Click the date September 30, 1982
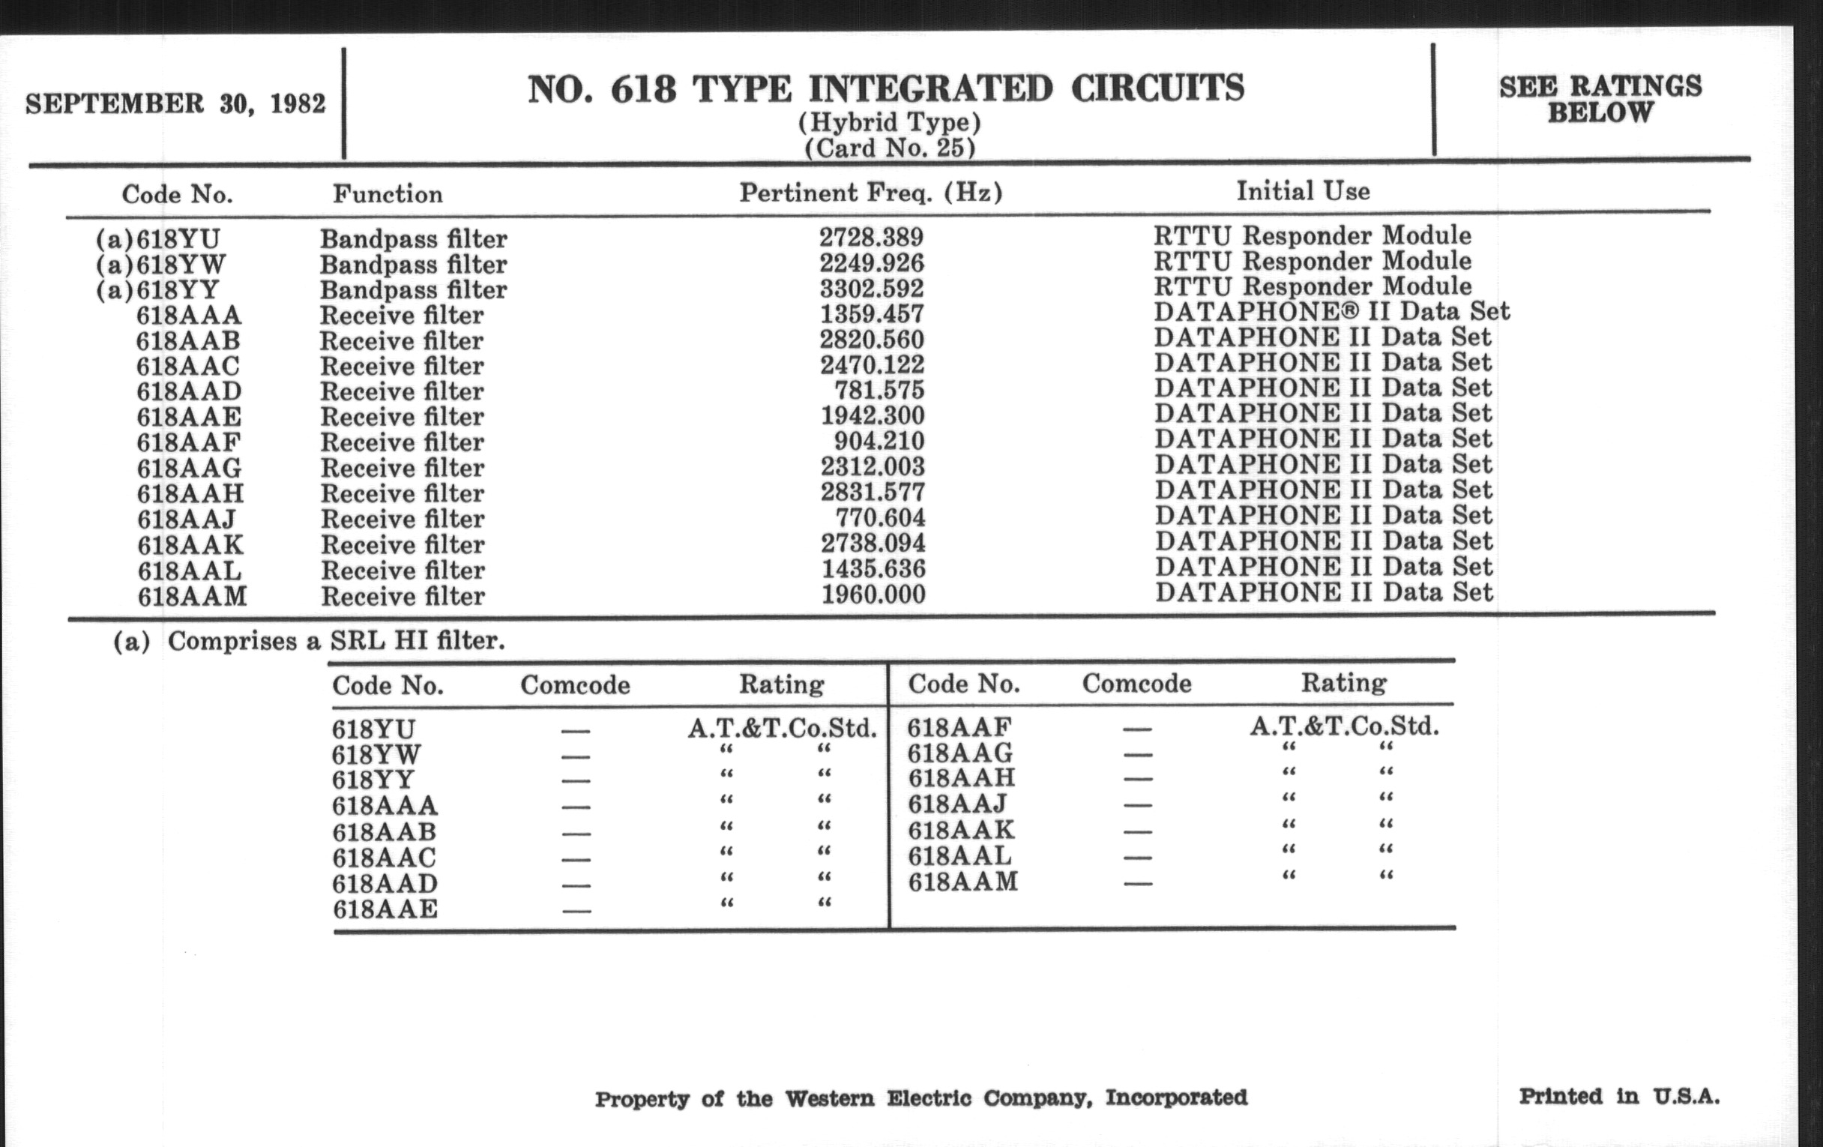[175, 103]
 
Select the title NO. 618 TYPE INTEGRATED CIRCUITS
[886, 89]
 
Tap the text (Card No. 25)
[890, 147]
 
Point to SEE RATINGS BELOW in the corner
[1600, 99]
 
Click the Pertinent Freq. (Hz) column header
[870, 193]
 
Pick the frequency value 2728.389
[871, 237]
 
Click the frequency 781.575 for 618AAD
[879, 390]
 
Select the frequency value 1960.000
[874, 594]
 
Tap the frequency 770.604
[880, 518]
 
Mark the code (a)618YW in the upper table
[160, 264]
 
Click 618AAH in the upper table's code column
[191, 493]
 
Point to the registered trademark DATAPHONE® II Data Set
[1332, 311]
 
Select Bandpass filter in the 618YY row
[413, 290]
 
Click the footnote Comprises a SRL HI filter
[335, 641]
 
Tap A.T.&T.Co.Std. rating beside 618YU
[782, 729]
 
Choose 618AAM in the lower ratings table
[963, 882]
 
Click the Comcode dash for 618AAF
[1137, 729]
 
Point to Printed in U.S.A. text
[1618, 1096]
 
